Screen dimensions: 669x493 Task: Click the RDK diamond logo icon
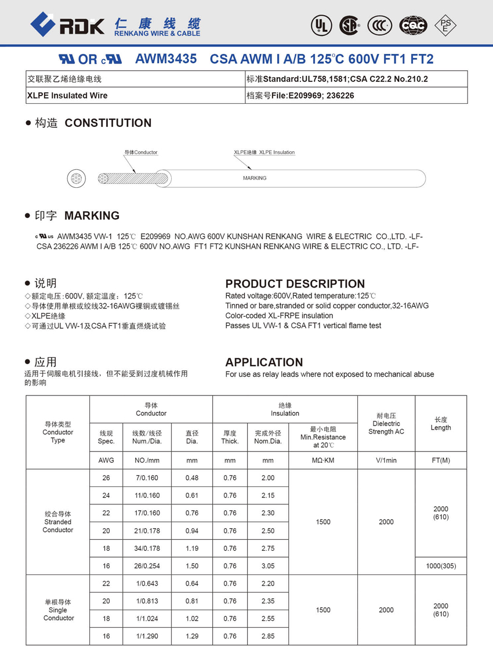43,24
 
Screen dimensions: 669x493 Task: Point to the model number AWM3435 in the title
166,59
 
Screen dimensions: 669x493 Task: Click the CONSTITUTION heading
108,123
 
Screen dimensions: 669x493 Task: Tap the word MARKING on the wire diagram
255,178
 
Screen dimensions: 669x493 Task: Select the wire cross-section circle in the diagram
76,179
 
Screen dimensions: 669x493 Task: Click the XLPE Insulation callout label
264,152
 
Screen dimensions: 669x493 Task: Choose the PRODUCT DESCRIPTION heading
295,283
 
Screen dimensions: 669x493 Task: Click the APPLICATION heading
264,362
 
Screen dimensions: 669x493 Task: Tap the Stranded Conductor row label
58,522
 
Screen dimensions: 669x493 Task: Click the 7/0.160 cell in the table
146,478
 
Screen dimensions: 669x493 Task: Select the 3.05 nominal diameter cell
267,566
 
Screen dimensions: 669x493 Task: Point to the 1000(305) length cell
440,566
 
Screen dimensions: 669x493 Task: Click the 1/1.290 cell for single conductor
146,636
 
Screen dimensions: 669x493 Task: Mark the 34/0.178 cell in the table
146,548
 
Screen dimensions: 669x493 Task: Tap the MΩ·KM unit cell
322,460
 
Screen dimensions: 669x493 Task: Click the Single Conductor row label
58,610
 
